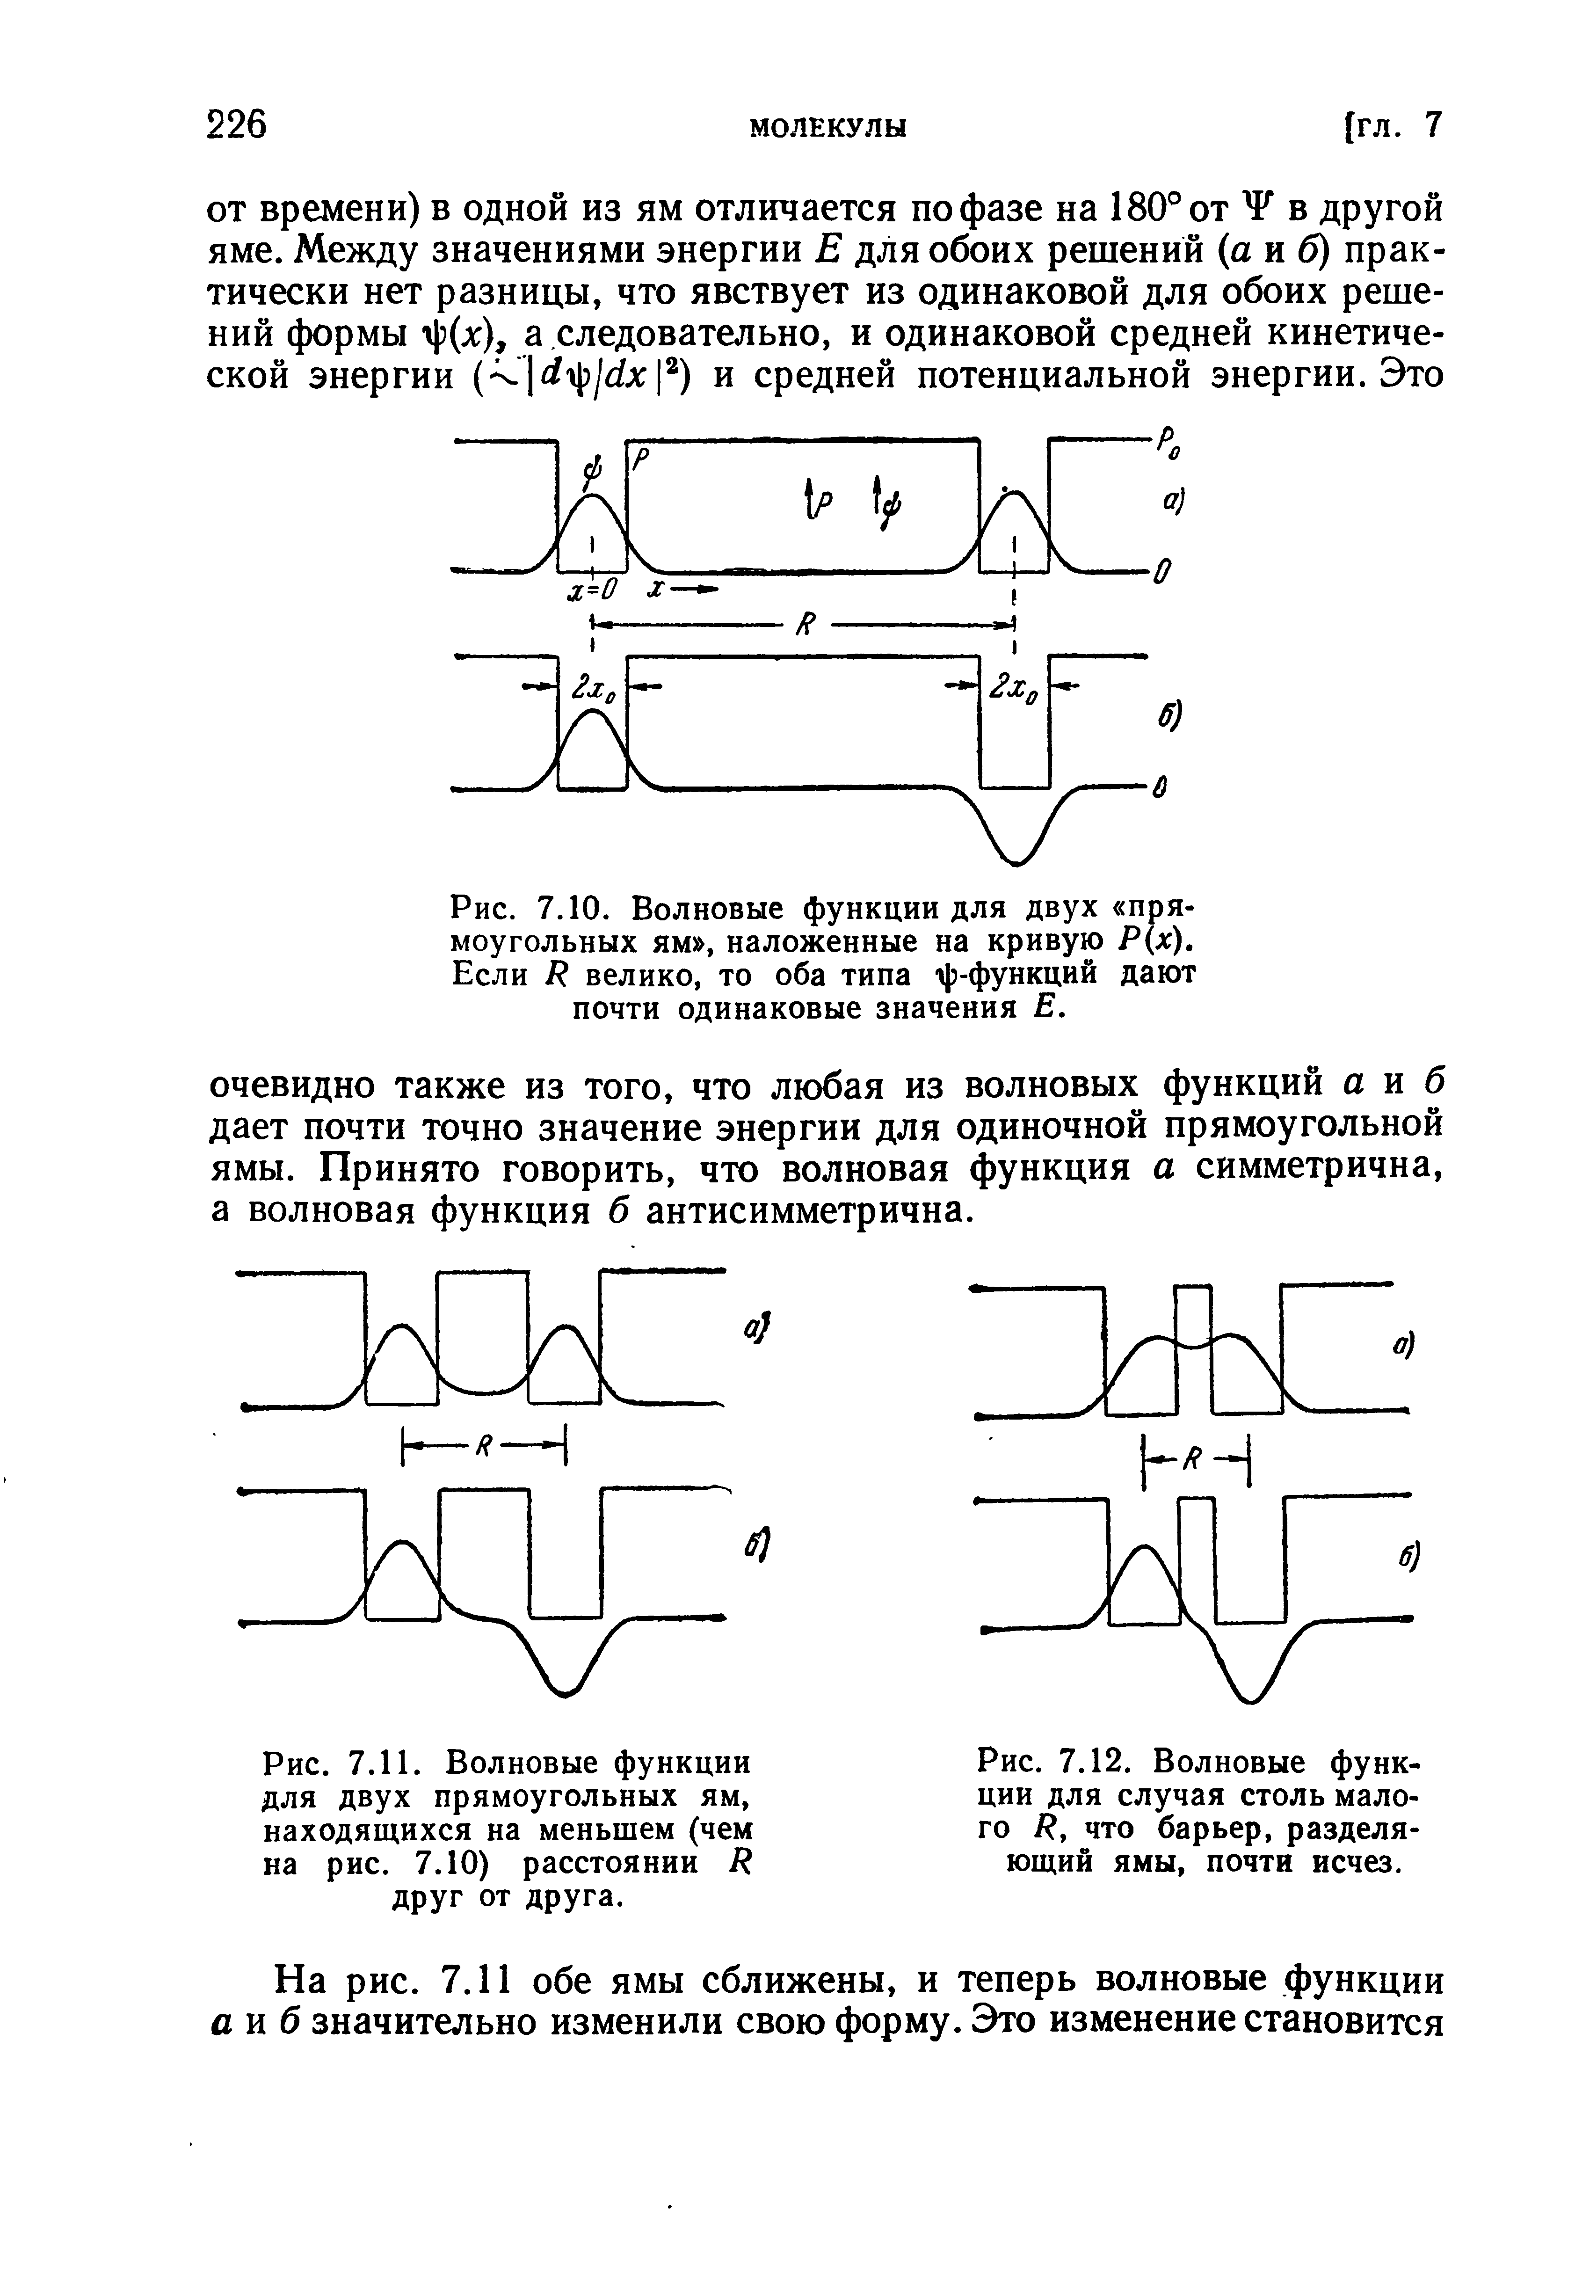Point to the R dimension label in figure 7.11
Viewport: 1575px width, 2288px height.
(x=485, y=1448)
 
